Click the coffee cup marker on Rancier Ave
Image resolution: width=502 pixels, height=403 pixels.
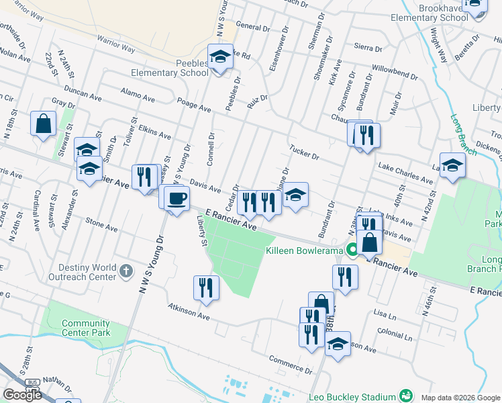pos(177,199)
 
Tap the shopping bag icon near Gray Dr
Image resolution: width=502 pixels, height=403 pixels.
pos(44,124)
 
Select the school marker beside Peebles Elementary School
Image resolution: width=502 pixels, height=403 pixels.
pos(219,58)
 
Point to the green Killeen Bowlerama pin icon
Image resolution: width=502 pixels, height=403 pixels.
pos(353,251)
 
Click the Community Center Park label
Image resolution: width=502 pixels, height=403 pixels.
pos(85,327)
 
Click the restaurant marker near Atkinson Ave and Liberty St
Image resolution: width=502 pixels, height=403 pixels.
pos(206,287)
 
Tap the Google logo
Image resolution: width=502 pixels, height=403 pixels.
pos(22,395)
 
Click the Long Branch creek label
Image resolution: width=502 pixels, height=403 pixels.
pos(464,135)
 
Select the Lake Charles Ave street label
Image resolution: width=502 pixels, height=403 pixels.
pos(405,173)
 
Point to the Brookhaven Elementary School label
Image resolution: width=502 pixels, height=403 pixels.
pos(438,12)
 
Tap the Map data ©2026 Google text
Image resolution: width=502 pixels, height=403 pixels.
pos(459,397)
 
